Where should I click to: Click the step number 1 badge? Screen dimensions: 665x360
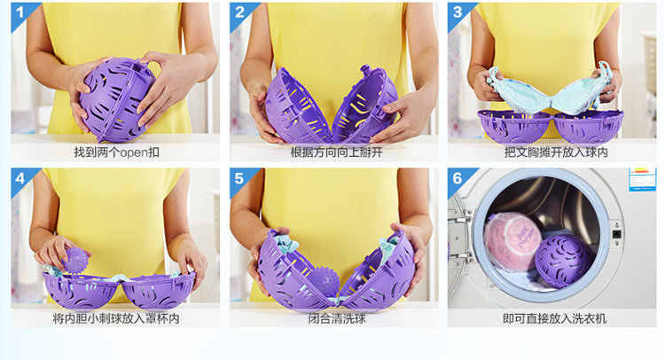[x=20, y=12]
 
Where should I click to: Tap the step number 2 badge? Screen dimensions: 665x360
[x=239, y=12]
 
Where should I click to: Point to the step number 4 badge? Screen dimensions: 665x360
[x=20, y=178]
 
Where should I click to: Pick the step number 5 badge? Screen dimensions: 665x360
[x=239, y=178]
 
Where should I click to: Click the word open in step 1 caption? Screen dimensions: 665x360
[x=134, y=153]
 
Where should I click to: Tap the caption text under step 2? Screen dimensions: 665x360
[x=336, y=153]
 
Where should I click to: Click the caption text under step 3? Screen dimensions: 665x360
[x=556, y=153]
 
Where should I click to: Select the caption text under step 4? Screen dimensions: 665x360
[x=116, y=318]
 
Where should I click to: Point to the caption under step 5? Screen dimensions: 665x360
[x=337, y=318]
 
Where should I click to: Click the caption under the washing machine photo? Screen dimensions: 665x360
[x=554, y=318]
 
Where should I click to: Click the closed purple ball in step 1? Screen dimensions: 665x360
[x=117, y=99]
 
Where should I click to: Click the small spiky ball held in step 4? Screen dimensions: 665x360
[x=76, y=260]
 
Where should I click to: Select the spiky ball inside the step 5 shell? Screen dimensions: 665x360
[x=324, y=281]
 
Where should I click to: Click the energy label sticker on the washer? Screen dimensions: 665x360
[x=642, y=179]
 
